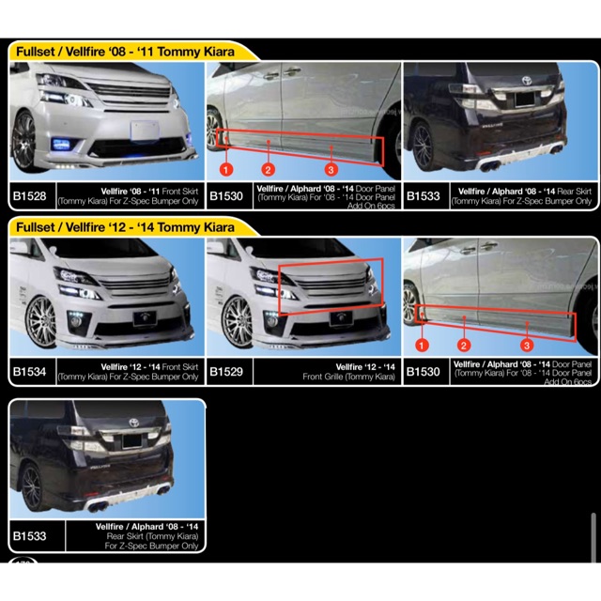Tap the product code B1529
(x=226, y=372)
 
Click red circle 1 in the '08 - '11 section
(x=225, y=169)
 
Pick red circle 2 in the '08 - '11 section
(x=268, y=169)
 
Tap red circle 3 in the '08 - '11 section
(x=331, y=169)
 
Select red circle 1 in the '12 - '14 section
(x=423, y=346)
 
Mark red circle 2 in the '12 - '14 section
(x=464, y=346)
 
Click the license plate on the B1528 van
(x=144, y=130)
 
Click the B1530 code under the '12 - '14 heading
(x=424, y=372)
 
